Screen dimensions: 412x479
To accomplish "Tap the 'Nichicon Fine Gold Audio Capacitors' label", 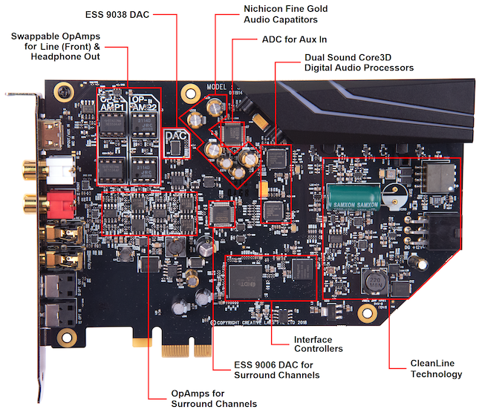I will pyautogui.click(x=286, y=14).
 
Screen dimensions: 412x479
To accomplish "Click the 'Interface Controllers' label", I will pyautogui.click(x=319, y=344).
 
